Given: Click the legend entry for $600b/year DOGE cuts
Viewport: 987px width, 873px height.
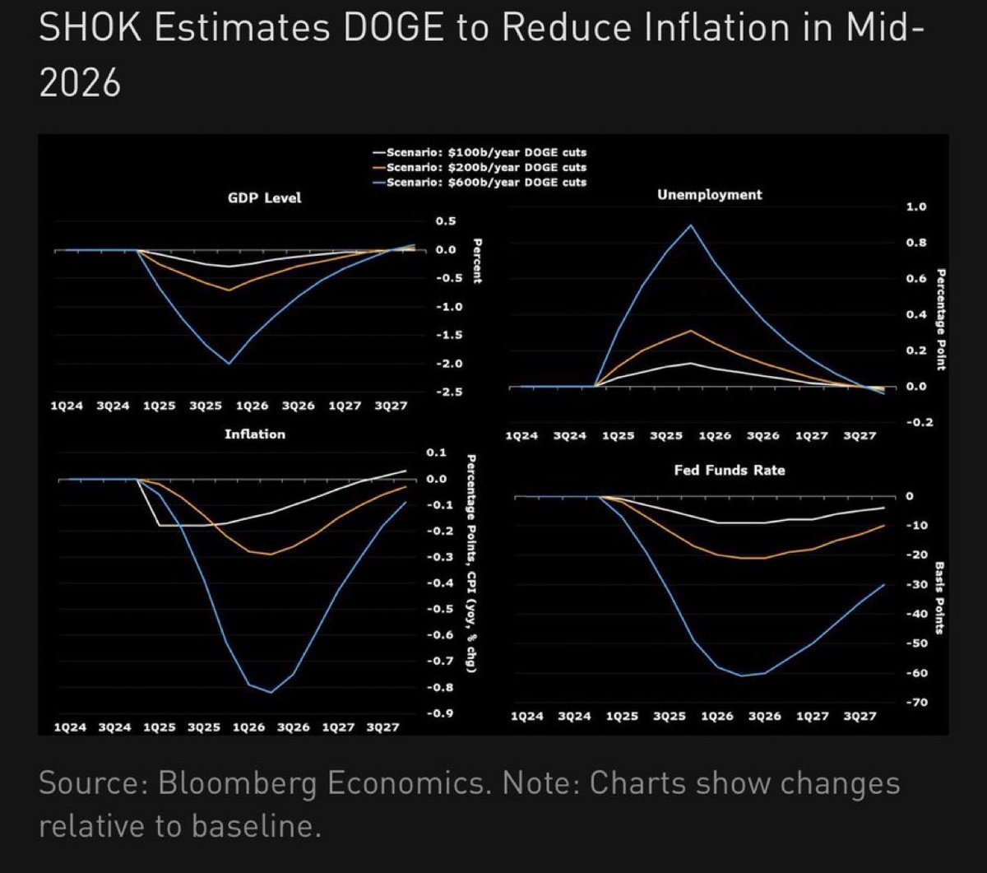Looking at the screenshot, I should (x=485, y=182).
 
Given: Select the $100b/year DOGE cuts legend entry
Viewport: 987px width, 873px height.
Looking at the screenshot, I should (x=485, y=152).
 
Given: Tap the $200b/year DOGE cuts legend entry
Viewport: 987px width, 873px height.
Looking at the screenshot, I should (x=485, y=167).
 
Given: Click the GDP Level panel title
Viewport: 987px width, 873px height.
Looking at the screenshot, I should (x=264, y=197).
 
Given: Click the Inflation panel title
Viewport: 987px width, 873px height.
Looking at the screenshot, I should (x=255, y=434).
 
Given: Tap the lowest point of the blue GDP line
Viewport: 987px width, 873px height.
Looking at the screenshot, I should (x=229, y=363).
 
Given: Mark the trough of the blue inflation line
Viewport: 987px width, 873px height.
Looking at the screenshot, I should (x=271, y=692).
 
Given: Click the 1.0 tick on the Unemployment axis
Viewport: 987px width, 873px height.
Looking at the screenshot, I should (x=915, y=207).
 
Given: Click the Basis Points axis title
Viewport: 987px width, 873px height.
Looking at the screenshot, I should (x=940, y=599).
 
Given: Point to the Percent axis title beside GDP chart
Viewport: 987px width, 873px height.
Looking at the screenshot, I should (x=476, y=261).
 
